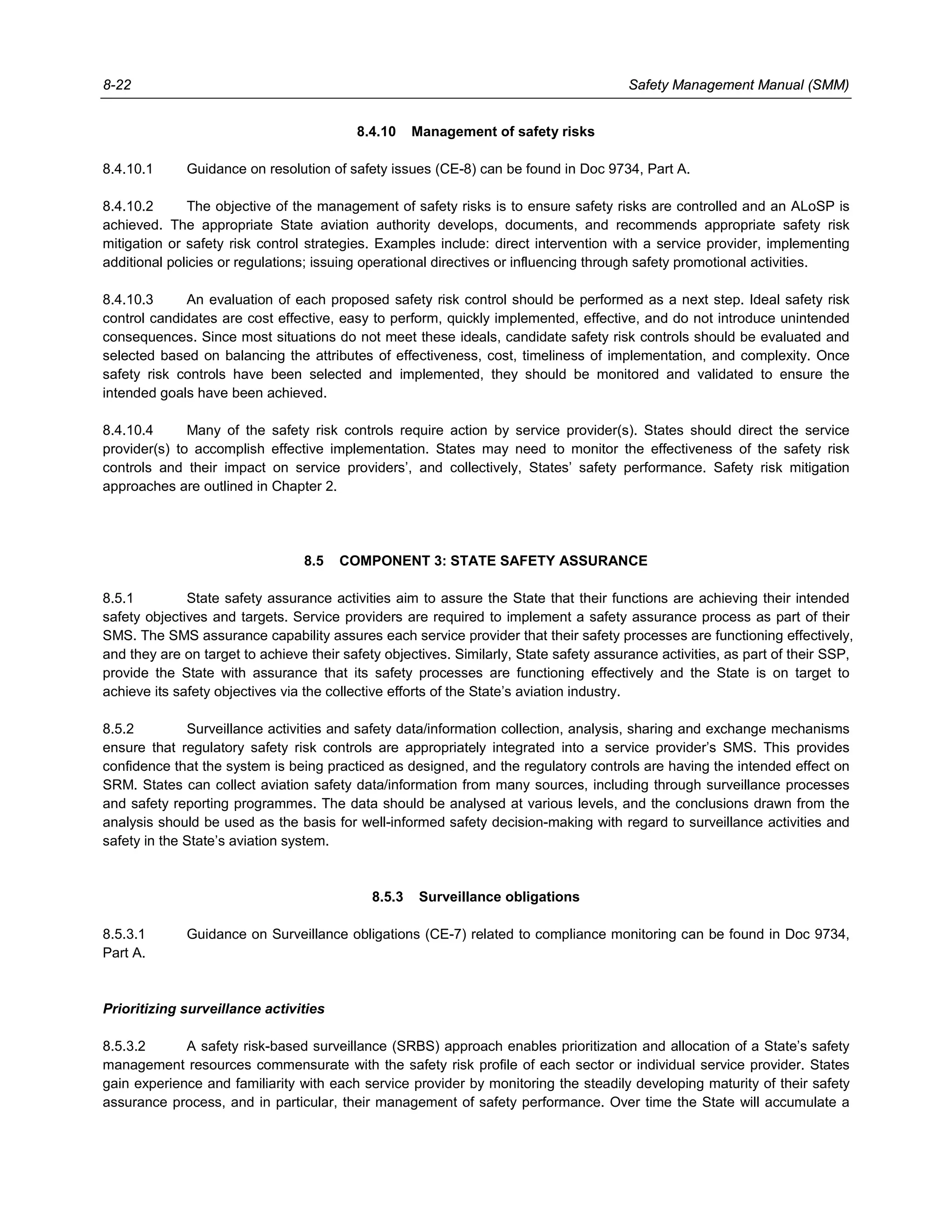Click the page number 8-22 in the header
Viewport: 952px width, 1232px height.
117,85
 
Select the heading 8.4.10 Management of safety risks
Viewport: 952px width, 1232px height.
476,132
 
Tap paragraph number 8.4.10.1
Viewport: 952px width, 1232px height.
127,169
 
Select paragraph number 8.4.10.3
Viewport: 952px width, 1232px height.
127,299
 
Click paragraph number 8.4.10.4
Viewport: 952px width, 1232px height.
127,431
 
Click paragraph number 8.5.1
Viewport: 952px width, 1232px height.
118,598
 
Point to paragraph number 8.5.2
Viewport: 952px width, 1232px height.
119,729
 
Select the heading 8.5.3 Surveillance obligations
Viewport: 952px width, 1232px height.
476,897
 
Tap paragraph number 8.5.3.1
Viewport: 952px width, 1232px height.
124,934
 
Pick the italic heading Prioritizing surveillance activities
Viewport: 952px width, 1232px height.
213,1009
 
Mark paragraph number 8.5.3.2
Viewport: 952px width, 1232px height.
124,1047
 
